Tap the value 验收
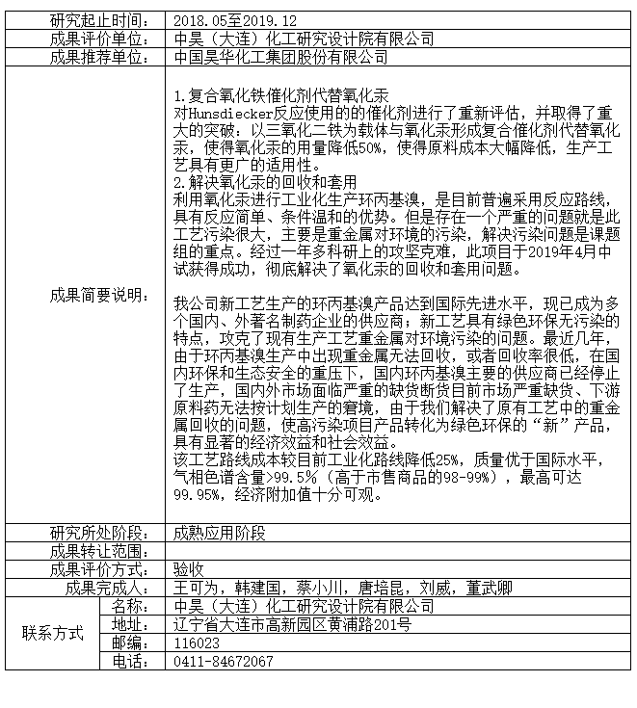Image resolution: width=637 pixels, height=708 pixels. tap(188, 569)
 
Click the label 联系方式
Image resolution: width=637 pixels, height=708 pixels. tap(53, 634)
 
